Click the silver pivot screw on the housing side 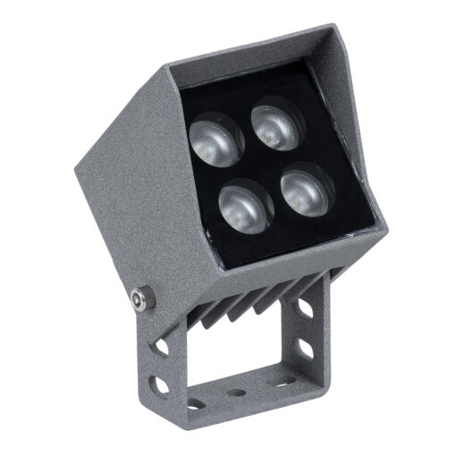[139, 299]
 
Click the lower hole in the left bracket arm [161, 384]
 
